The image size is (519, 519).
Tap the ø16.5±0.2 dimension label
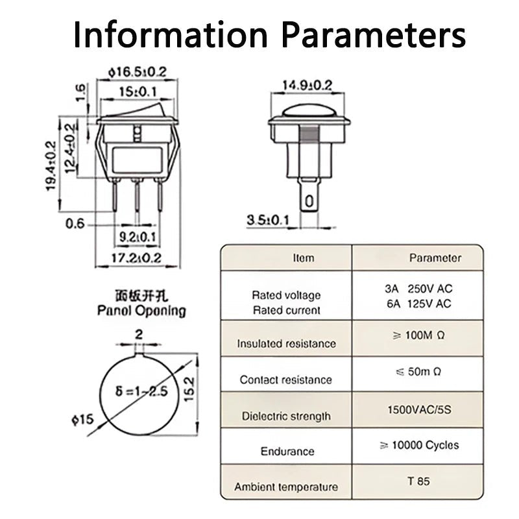pos(132,71)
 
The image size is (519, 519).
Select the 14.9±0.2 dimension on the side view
pos(307,85)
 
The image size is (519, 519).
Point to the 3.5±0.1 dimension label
pos(267,220)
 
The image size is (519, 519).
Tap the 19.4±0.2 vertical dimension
pos(51,166)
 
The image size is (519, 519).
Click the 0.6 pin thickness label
pos(75,224)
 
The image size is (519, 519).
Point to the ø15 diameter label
pos(82,420)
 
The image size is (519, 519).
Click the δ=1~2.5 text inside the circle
pos(141,391)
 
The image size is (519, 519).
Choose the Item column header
pos(303,258)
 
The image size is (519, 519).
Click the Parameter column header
pos(435,258)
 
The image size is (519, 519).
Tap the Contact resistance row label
pos(285,380)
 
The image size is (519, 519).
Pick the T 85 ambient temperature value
pos(418,481)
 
